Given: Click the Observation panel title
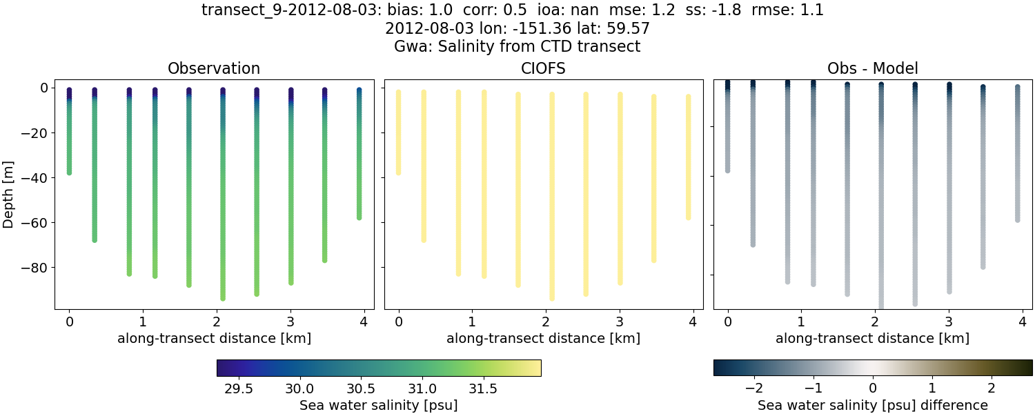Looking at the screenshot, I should [214, 69].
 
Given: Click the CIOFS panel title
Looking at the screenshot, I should [543, 69].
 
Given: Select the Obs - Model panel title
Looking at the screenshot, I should [872, 69].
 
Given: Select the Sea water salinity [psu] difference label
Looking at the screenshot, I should [872, 405].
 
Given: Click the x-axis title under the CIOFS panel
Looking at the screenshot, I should [543, 339].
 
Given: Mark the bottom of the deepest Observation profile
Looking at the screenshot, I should [223, 298].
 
